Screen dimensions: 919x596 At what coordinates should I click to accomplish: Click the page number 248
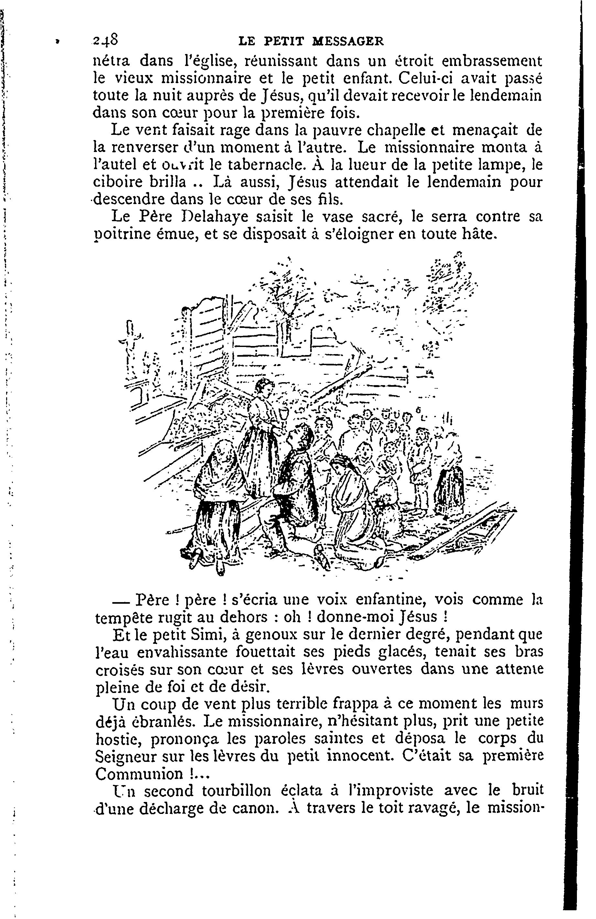pyautogui.click(x=105, y=40)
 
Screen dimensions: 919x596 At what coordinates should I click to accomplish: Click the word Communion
pyautogui.click(x=140, y=774)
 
